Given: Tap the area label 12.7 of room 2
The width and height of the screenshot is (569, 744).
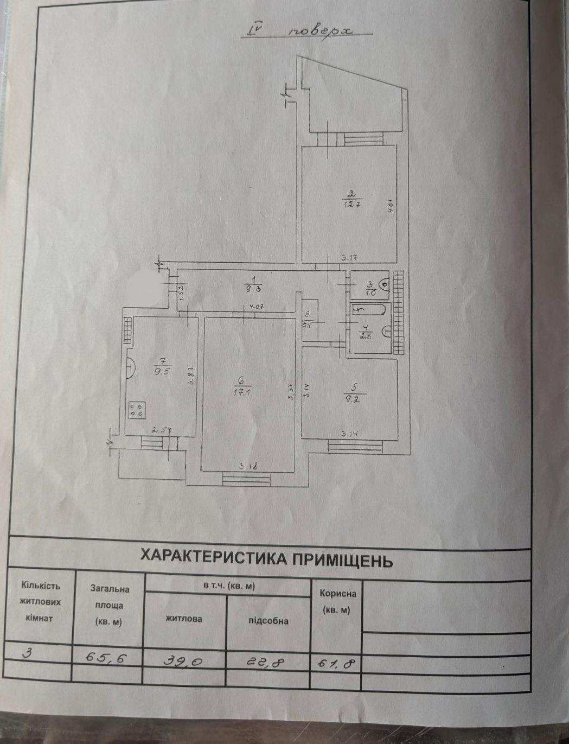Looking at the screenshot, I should [x=351, y=205].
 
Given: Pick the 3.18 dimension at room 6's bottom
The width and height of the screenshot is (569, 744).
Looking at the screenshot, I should [x=248, y=465].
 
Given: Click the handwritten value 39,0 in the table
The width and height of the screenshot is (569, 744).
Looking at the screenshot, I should [x=184, y=660].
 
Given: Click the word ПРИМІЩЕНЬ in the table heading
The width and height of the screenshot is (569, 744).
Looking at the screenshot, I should [x=340, y=559].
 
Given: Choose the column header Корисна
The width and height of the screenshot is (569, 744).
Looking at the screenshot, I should [x=338, y=594].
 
